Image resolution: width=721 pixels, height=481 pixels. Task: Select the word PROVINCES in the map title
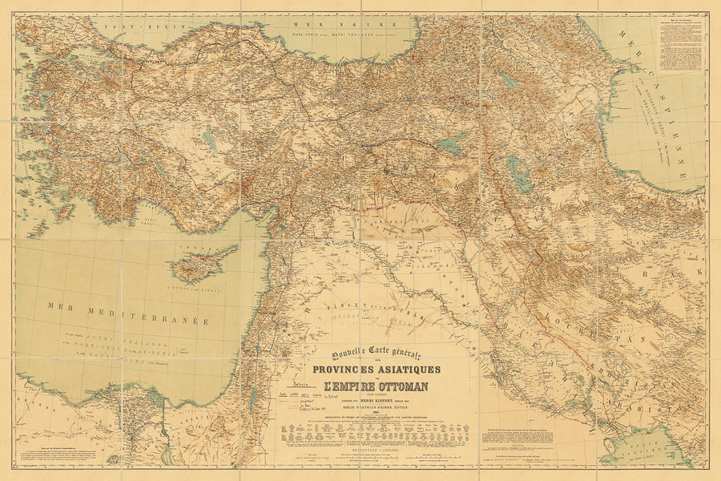point(348,369)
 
